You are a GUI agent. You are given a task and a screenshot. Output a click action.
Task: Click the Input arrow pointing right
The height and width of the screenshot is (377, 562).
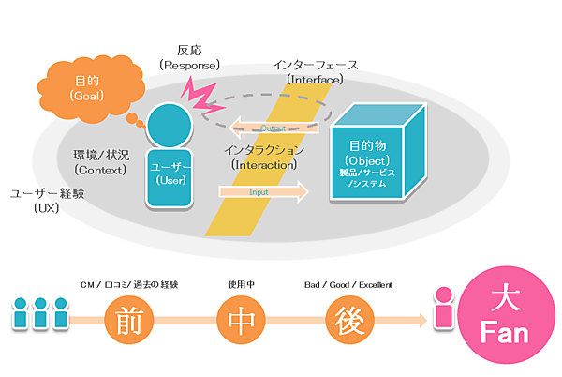[x=263, y=192]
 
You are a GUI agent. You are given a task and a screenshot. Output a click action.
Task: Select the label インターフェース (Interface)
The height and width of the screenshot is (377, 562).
[x=316, y=73]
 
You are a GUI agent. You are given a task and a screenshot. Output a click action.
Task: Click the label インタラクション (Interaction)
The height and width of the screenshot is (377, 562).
[x=265, y=157]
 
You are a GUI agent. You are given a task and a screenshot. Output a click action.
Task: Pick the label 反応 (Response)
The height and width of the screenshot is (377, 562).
[x=190, y=57]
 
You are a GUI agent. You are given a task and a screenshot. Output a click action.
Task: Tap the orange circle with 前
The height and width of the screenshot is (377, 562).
[x=126, y=320]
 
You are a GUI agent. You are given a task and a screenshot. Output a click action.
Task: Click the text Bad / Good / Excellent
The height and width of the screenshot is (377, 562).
[x=348, y=283]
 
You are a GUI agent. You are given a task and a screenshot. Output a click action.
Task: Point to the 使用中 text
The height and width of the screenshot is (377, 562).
[x=240, y=283]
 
